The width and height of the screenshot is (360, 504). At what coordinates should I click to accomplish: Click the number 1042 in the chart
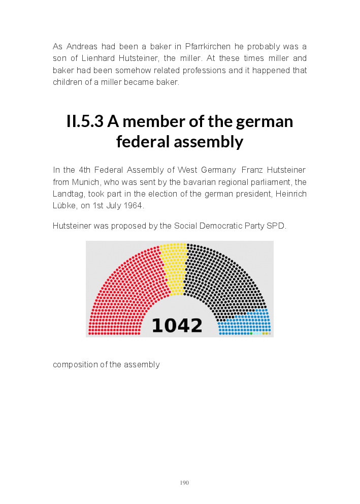pyautogui.click(x=177, y=325)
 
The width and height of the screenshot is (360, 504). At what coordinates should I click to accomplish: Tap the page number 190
pyautogui.click(x=184, y=483)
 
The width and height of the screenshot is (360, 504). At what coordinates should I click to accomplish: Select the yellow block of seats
pyautogui.click(x=174, y=267)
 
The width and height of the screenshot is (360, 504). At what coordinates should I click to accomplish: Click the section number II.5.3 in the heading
pyautogui.click(x=85, y=122)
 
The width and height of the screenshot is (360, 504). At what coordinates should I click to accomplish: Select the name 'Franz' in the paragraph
pyautogui.click(x=252, y=170)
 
